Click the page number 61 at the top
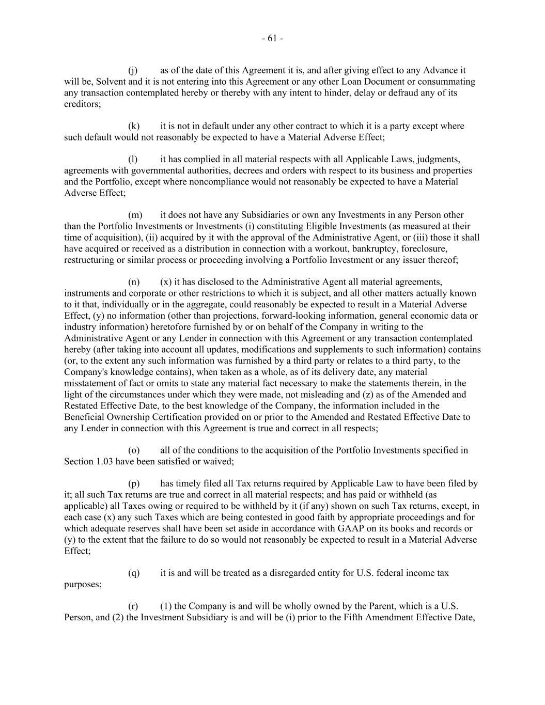[272, 39]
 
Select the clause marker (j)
[133, 70]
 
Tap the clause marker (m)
[135, 215]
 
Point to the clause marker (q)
[133, 573]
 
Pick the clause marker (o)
[133, 450]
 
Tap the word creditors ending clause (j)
[82, 104]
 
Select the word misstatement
[90, 383]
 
